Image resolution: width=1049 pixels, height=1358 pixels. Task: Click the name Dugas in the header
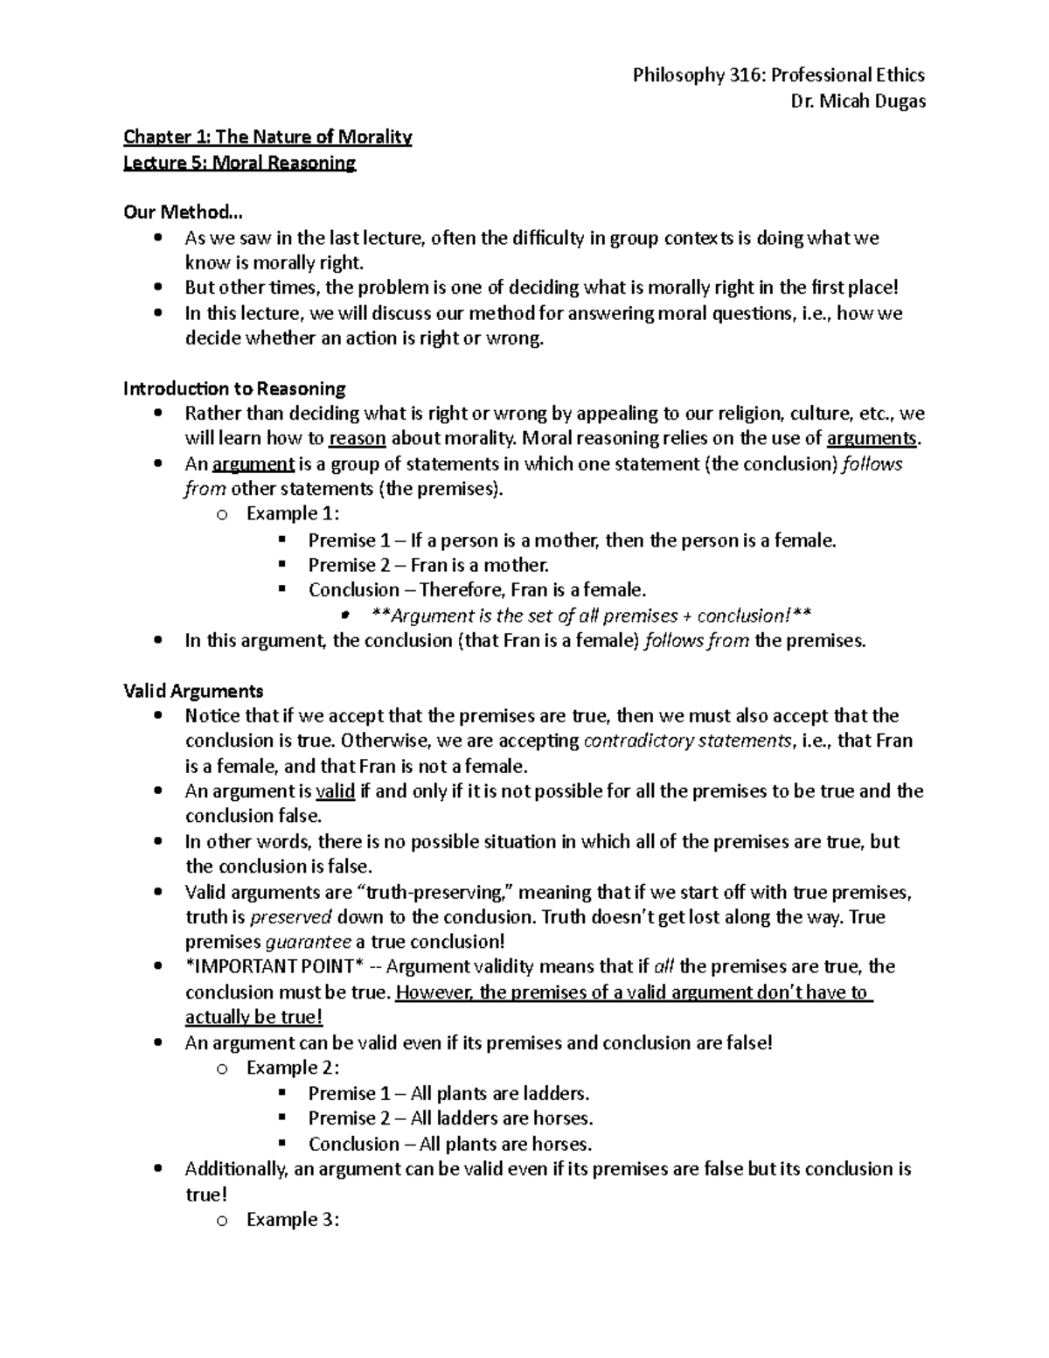coord(894,101)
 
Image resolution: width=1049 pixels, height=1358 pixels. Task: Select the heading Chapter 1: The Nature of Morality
coord(267,136)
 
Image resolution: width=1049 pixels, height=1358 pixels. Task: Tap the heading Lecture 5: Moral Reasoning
coord(240,163)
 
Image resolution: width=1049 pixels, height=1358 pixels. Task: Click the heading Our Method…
coord(178,212)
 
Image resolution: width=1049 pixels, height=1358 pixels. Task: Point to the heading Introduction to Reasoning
coord(234,388)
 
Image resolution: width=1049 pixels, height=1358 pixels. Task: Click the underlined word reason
coord(357,439)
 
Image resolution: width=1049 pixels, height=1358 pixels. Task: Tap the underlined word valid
coord(335,791)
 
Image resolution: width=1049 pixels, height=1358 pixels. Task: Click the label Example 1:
coord(293,513)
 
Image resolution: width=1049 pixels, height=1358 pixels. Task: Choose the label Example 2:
coord(293,1068)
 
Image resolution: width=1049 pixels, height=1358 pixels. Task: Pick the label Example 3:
coord(293,1219)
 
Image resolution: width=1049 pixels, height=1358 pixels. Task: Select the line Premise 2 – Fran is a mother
coord(428,565)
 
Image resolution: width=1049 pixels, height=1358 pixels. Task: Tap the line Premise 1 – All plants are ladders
coord(448,1093)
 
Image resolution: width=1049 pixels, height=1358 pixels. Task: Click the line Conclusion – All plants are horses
coord(449,1144)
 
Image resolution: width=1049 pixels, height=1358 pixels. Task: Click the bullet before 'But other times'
coord(157,288)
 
